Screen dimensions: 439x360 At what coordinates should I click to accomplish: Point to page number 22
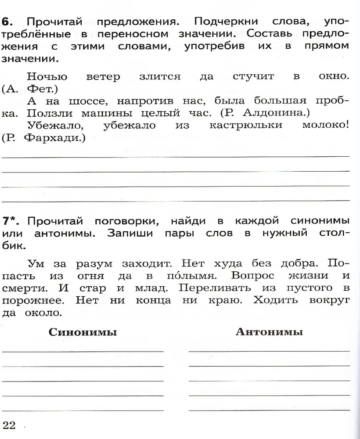tap(9, 425)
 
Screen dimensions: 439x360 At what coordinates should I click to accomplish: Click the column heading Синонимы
tap(83, 332)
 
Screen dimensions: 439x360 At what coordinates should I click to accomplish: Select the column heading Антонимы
tap(269, 332)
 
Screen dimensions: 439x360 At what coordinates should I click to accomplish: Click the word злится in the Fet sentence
tap(160, 76)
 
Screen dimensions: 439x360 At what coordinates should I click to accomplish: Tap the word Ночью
tap(47, 76)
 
